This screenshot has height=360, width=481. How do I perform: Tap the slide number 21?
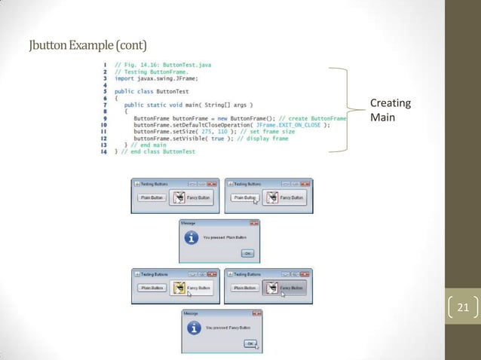tap(462, 307)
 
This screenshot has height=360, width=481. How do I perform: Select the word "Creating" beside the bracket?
tap(390, 104)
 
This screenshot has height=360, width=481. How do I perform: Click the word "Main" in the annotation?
tap(382, 117)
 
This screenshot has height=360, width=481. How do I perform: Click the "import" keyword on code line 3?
tap(124, 78)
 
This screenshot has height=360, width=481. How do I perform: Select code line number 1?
tap(103, 65)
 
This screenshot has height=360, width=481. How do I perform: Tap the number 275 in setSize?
tap(217, 132)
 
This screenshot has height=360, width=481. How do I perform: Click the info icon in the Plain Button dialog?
tap(192, 238)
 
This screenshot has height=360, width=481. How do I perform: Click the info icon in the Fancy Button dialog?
tap(195, 328)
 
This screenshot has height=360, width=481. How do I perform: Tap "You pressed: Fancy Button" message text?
tap(226, 328)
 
